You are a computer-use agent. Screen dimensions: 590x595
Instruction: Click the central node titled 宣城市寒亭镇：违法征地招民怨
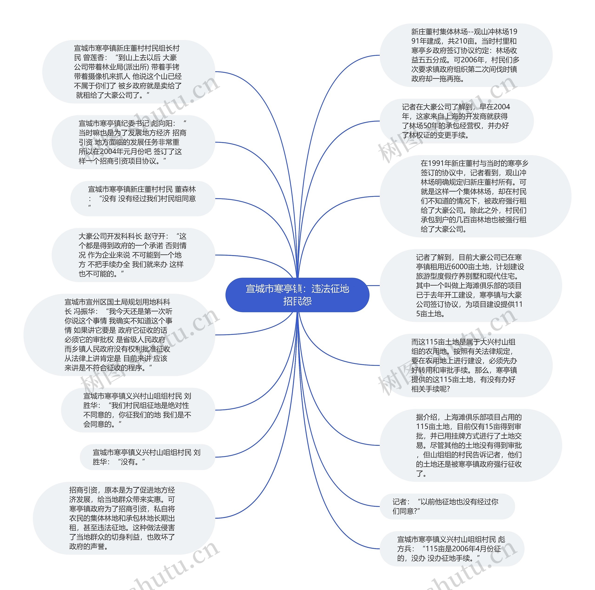(297, 295)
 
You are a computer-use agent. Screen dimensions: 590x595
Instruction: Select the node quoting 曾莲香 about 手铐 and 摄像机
(129, 71)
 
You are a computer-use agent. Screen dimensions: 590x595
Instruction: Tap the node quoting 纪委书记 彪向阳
(133, 142)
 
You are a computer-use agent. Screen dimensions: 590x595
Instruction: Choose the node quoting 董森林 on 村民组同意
(142, 198)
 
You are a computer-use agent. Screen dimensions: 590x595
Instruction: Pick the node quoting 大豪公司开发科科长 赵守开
(133, 255)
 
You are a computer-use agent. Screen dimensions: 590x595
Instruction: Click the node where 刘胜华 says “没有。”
(147, 457)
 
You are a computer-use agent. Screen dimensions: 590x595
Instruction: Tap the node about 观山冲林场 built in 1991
(465, 55)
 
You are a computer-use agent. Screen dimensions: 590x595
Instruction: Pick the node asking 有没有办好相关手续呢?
(465, 365)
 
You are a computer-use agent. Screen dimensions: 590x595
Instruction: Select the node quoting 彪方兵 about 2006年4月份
(452, 548)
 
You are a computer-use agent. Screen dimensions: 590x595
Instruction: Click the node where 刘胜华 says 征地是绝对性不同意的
(138, 410)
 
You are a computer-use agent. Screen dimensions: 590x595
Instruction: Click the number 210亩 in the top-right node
(465, 41)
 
